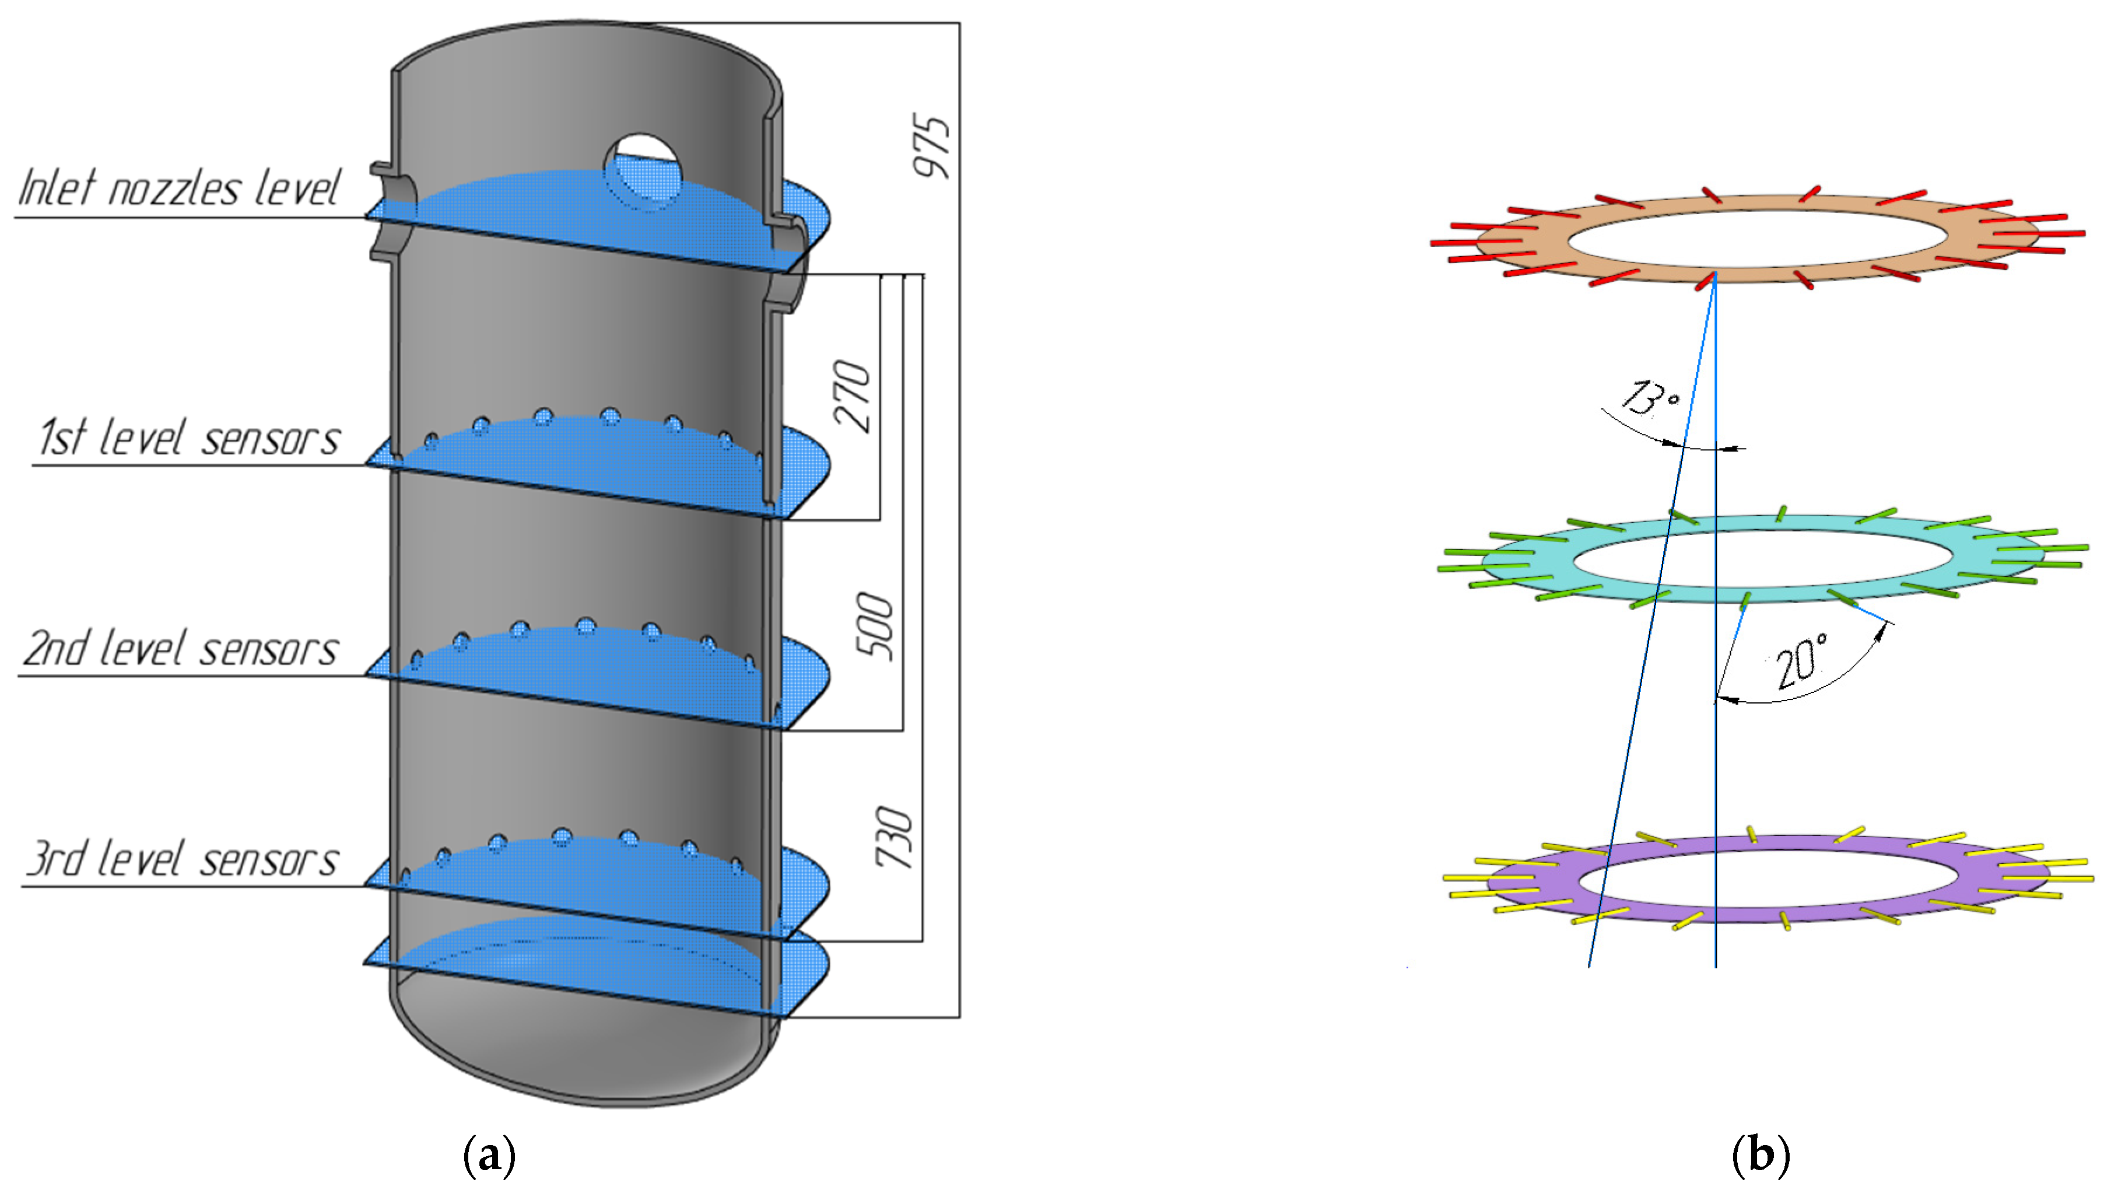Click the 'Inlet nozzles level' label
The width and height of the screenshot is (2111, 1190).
[x=178, y=188]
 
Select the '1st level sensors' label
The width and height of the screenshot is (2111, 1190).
[x=188, y=437]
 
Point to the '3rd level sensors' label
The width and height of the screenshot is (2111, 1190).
[x=182, y=859]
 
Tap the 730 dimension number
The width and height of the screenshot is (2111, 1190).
[x=893, y=836]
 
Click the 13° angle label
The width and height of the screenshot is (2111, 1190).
[x=1650, y=398]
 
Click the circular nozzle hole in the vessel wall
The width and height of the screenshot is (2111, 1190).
[x=643, y=170]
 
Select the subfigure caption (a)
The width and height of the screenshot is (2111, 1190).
[x=490, y=1155]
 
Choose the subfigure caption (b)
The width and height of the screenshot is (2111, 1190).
[x=1761, y=1155]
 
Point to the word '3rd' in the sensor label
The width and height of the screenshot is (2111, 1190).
[x=56, y=859]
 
